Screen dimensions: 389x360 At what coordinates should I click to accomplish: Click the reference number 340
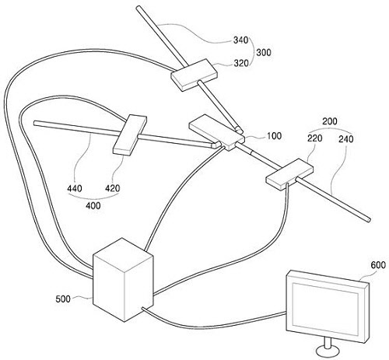tap(241, 40)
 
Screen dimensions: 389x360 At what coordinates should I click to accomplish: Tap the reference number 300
tap(264, 52)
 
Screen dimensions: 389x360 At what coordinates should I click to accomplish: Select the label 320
tap(241, 63)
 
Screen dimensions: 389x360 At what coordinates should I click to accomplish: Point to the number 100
tap(274, 135)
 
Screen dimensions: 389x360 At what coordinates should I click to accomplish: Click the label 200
tap(330, 121)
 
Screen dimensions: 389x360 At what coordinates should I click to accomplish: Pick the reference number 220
tap(315, 138)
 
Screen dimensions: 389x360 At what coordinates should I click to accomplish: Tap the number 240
tap(346, 139)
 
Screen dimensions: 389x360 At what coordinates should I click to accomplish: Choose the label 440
tap(75, 188)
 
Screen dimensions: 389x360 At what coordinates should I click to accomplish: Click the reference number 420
tap(113, 188)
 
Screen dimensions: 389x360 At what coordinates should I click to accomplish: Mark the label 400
tap(93, 205)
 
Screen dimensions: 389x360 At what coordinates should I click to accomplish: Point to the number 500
tap(63, 299)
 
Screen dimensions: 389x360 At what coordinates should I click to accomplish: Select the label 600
tap(378, 265)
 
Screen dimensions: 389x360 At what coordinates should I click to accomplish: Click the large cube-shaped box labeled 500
tap(123, 280)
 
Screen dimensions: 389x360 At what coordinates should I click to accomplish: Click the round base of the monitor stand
tap(328, 352)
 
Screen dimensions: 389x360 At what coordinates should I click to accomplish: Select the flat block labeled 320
tap(194, 75)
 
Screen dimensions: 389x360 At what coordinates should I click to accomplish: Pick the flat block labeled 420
tap(130, 135)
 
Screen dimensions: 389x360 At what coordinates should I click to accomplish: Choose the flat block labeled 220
tap(289, 175)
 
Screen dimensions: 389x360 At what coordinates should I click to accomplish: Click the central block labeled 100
tap(217, 133)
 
